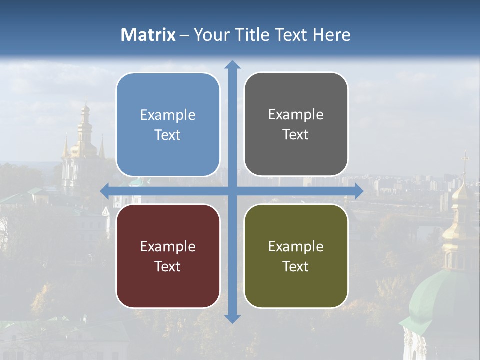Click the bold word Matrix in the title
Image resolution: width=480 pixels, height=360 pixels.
[148, 35]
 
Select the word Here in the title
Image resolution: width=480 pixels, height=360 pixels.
[331, 35]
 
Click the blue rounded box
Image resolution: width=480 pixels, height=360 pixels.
[168, 125]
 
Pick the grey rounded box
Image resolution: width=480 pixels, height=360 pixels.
[296, 124]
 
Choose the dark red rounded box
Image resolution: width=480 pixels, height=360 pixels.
[168, 256]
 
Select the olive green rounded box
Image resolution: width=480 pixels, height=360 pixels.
[296, 256]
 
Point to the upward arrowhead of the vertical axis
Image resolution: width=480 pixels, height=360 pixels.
[232, 65]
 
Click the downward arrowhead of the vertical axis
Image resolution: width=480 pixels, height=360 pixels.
[232, 318]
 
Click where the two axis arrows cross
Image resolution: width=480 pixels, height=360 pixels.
[232, 191]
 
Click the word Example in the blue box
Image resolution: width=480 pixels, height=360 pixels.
[168, 115]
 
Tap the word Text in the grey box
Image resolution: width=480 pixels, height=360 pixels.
[296, 135]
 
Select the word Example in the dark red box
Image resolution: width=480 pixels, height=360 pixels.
[168, 246]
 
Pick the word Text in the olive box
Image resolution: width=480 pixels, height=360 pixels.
[296, 266]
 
